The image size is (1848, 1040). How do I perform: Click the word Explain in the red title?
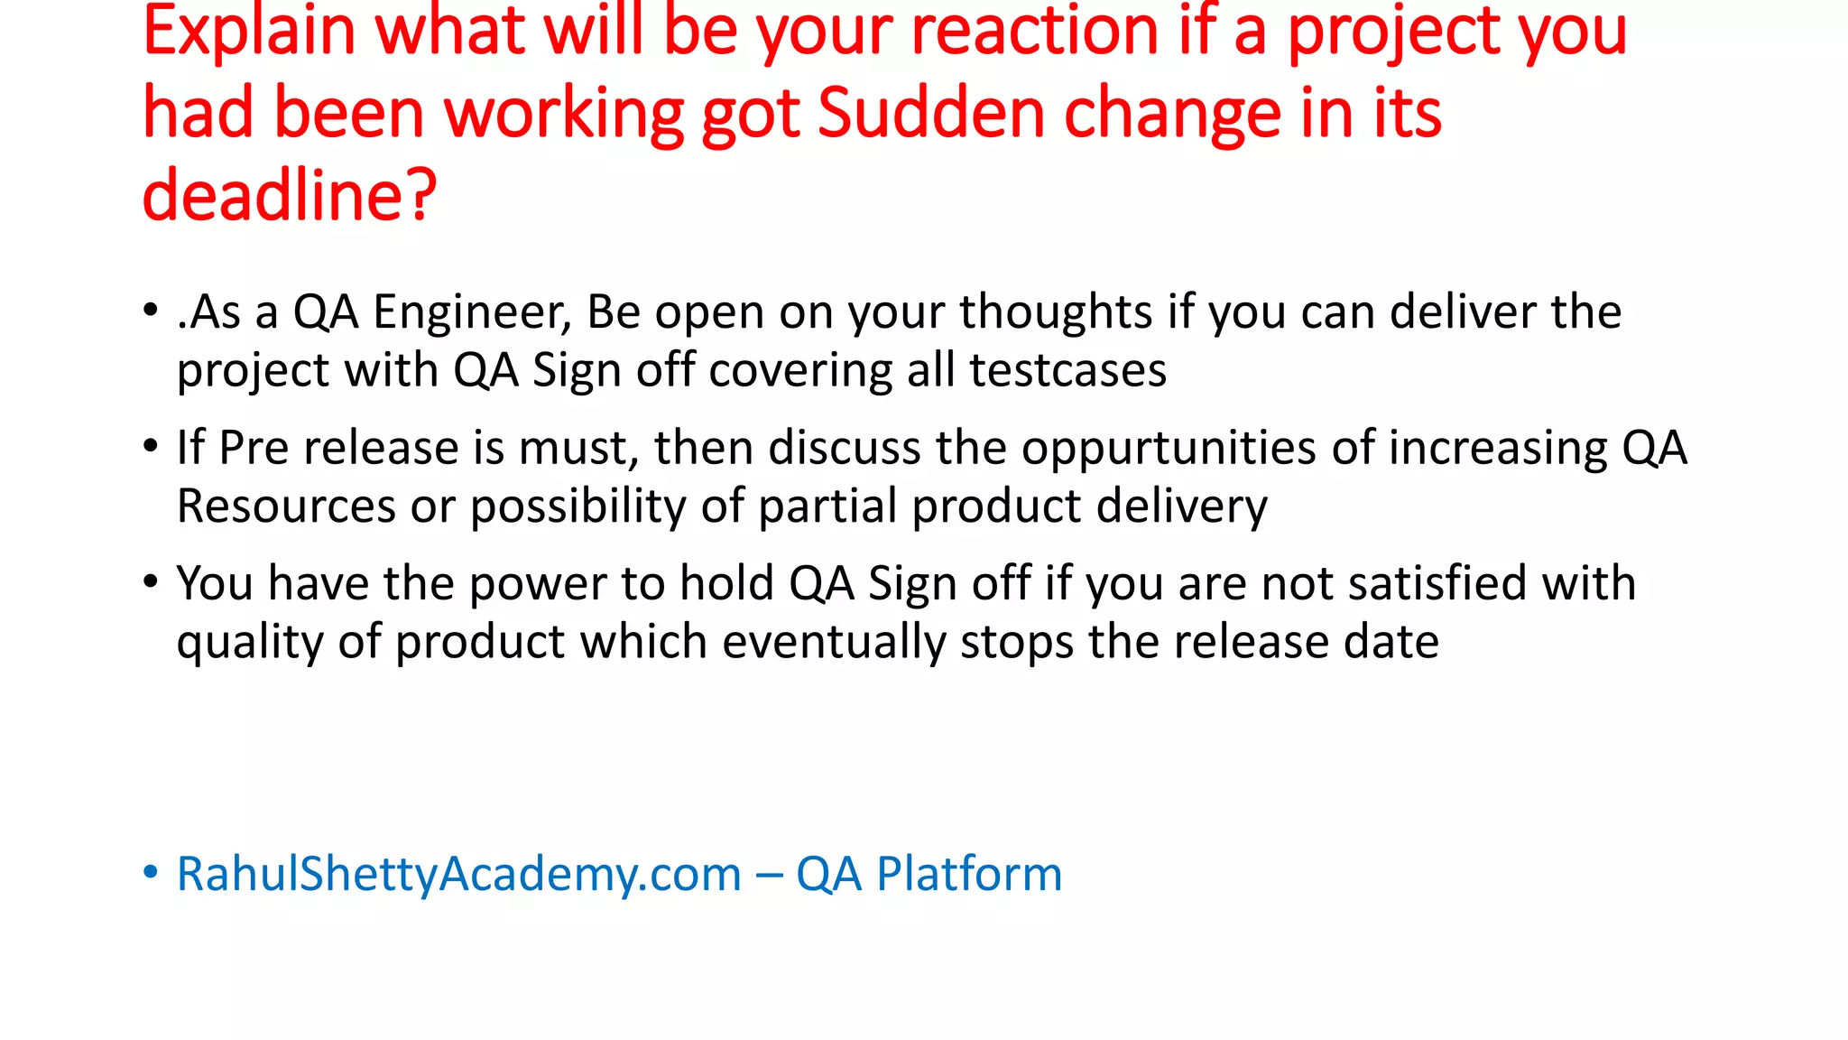[x=249, y=32]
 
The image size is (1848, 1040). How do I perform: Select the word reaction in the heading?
[x=1034, y=32]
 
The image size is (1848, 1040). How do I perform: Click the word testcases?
[x=1067, y=370]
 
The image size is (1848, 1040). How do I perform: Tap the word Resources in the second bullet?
[x=286, y=506]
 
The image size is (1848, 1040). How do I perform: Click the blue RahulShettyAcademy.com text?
[x=458, y=875]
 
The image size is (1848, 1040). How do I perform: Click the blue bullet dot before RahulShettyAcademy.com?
[x=151, y=872]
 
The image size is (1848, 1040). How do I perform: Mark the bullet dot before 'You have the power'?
[x=151, y=581]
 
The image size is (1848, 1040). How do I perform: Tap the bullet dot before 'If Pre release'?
[x=151, y=446]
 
